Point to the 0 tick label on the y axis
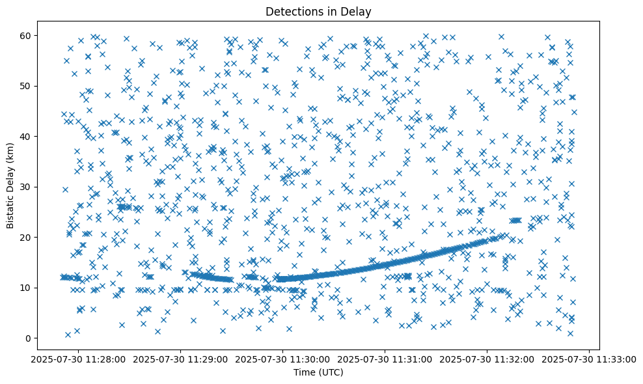(27, 338)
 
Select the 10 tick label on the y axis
(25, 288)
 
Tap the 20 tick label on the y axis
(25, 238)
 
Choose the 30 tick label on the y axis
(25, 187)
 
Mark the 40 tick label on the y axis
(25, 137)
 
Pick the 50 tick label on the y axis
(25, 86)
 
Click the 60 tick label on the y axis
(25, 35)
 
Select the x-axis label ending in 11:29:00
(181, 359)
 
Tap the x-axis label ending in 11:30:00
(283, 359)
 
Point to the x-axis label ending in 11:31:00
(385, 359)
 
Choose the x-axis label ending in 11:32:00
(487, 359)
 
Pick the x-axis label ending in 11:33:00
(590, 359)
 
